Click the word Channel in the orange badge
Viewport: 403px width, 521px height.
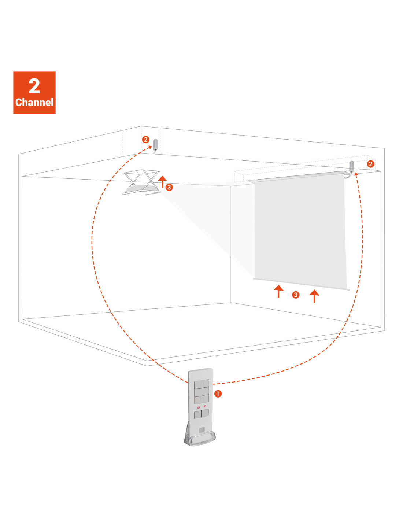34,102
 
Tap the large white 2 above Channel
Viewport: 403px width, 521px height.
34,86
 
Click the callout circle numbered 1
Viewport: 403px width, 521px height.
218,393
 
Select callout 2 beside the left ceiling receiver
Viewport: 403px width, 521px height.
145,140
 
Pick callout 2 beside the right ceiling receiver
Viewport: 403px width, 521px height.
370,164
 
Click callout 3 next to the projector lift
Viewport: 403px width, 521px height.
169,187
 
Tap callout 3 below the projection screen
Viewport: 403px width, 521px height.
296,295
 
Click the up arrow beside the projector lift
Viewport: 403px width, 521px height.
162,181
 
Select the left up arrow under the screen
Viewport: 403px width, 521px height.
278,291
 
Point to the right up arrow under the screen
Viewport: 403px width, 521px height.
314,296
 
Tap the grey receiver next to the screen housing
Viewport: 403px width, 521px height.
351,166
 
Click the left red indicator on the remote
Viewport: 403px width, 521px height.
199,407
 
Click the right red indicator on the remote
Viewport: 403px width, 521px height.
205,406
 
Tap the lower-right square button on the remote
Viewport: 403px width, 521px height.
205,413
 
